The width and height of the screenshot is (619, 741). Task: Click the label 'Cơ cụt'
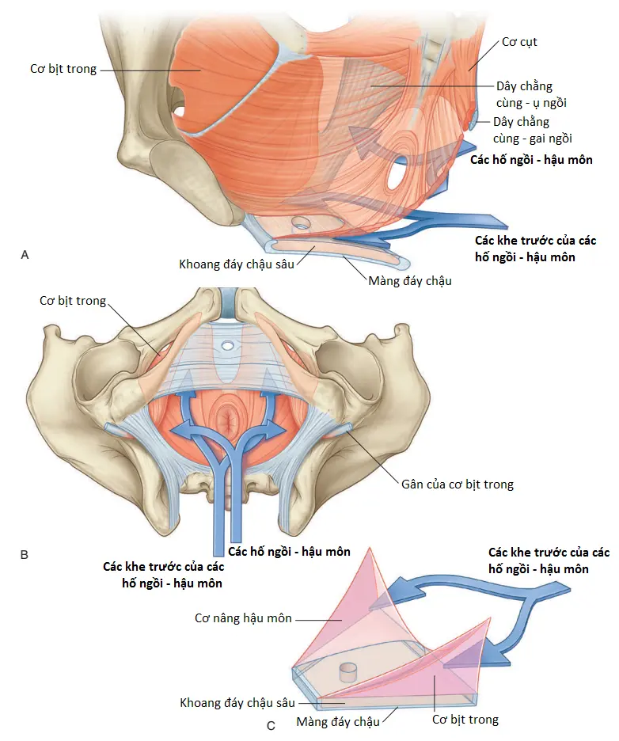point(519,42)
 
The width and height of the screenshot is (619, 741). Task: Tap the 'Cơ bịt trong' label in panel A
point(63,69)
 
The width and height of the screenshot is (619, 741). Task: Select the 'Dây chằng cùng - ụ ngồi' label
point(531,94)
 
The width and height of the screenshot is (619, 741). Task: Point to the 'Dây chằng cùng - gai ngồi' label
point(533,130)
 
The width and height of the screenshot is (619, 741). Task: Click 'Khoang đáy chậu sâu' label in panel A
point(236,264)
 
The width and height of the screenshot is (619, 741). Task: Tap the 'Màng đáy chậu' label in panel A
point(410,281)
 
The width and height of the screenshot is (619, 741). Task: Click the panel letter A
point(25,255)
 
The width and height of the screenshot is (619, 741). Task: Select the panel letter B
point(25,554)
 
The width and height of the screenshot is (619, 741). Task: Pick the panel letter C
point(271,725)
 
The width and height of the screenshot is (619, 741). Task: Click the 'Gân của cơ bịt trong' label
point(458,484)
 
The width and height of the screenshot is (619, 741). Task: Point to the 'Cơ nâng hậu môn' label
point(243,618)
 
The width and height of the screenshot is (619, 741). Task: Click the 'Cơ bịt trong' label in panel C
point(465,720)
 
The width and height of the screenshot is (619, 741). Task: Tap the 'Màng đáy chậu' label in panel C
point(338,722)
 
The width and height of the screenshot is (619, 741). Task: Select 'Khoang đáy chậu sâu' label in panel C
point(237,703)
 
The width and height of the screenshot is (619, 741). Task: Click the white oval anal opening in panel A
point(394,174)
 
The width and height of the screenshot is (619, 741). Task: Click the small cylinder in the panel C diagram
point(349,671)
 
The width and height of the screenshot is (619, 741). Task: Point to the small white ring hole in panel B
point(227,345)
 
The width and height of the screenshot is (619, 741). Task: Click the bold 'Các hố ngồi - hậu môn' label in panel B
point(289,552)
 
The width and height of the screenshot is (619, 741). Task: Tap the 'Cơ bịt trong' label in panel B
point(73,301)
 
